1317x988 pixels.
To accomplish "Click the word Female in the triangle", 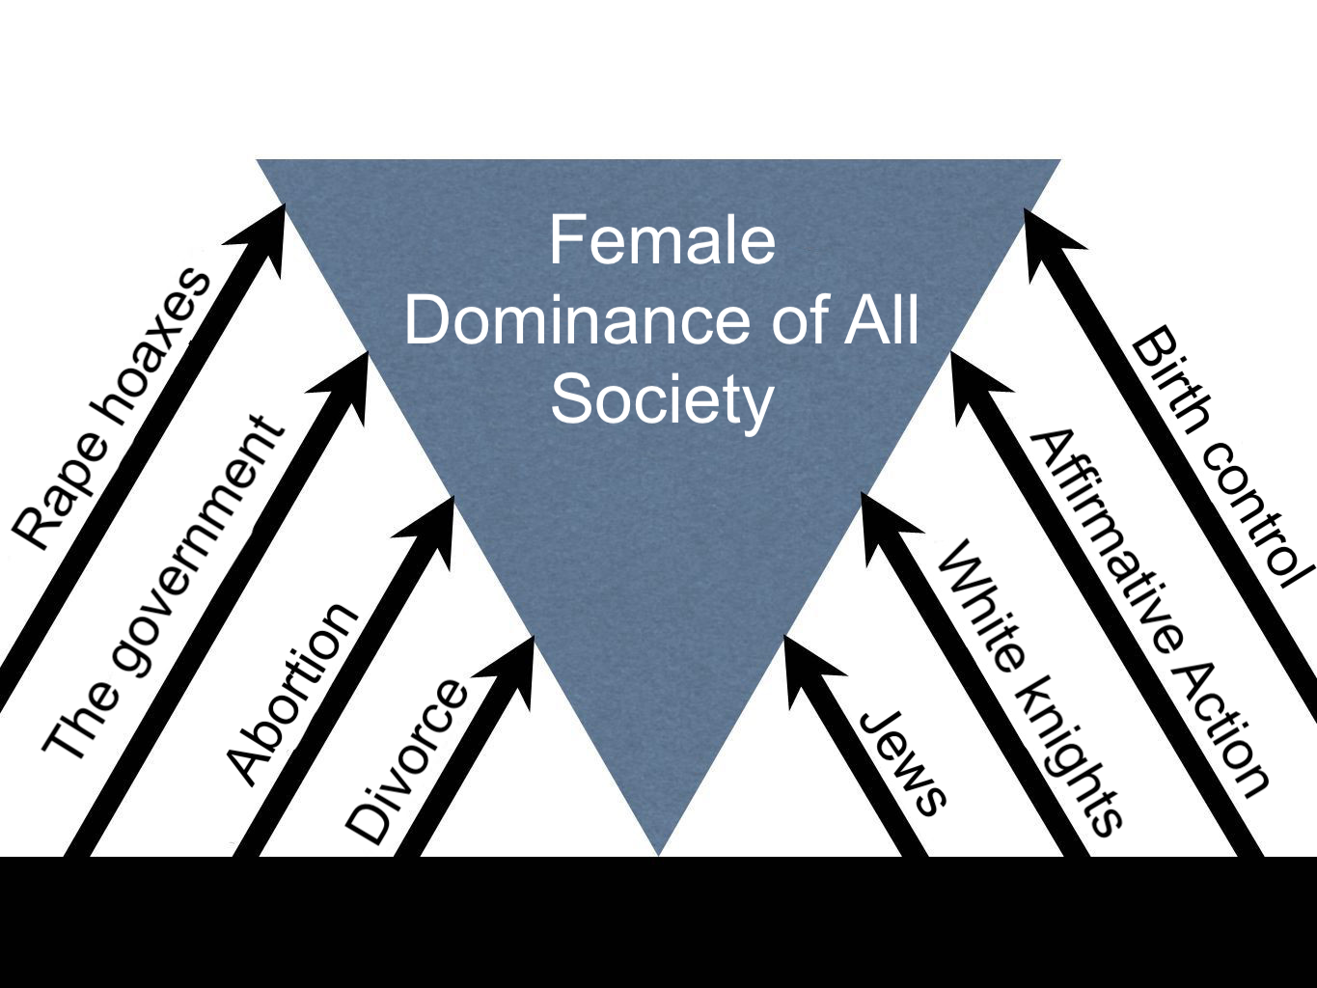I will point(662,240).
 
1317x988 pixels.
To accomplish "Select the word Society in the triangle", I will point(662,399).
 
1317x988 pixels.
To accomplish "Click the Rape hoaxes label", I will point(111,408).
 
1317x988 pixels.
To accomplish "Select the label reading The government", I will point(164,589).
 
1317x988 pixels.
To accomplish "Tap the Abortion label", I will point(291,692).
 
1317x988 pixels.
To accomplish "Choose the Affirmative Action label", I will point(1148,614).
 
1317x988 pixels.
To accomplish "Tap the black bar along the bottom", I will point(658,922).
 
